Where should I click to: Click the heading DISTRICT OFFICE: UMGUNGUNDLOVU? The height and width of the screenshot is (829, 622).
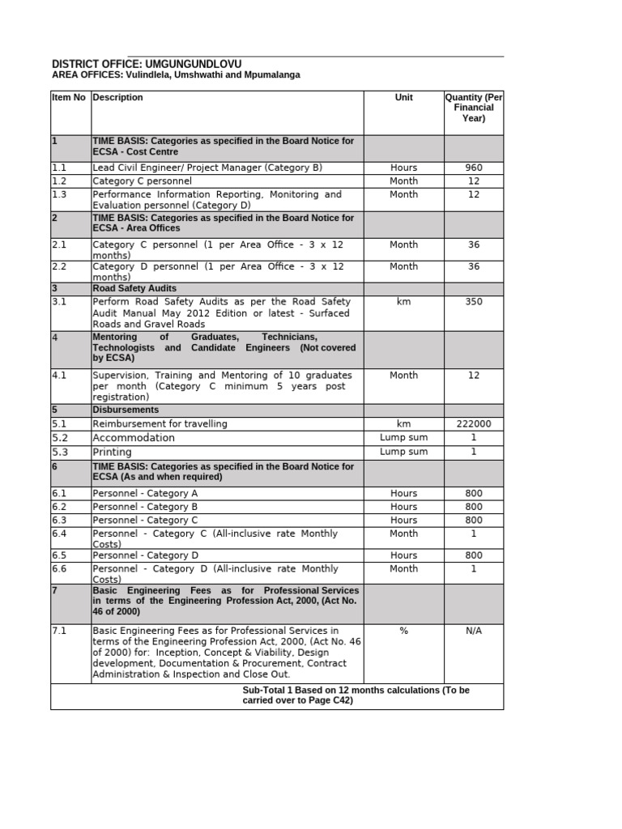pyautogui.click(x=147, y=64)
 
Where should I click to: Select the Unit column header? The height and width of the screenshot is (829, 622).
pyautogui.click(x=403, y=97)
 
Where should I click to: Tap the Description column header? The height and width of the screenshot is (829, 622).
pyautogui.click(x=117, y=97)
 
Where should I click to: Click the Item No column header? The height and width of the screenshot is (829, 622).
pyautogui.click(x=69, y=97)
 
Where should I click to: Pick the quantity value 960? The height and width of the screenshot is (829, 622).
pyautogui.click(x=474, y=168)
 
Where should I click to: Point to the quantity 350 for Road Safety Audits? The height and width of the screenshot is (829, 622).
pyautogui.click(x=474, y=302)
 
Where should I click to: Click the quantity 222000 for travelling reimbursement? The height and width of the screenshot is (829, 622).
pyautogui.click(x=474, y=423)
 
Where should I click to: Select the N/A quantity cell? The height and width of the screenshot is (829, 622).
pyautogui.click(x=474, y=631)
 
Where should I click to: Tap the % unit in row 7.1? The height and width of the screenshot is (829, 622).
pyautogui.click(x=403, y=631)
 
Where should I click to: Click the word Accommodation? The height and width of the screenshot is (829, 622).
pyautogui.click(x=134, y=437)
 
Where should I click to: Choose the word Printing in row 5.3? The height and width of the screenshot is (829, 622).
pyautogui.click(x=112, y=452)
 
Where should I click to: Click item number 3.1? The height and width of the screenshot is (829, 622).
pyautogui.click(x=59, y=302)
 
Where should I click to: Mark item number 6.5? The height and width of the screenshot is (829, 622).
pyautogui.click(x=59, y=555)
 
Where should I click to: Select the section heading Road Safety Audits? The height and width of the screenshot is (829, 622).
pyautogui.click(x=134, y=288)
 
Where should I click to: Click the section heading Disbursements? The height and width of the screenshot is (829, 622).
pyautogui.click(x=126, y=410)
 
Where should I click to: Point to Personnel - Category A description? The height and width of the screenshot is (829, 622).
pyautogui.click(x=145, y=493)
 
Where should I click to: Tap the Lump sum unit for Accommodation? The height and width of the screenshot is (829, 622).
pyautogui.click(x=403, y=437)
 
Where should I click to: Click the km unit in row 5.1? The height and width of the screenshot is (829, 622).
pyautogui.click(x=403, y=423)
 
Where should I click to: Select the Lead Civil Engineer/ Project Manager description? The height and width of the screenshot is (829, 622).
pyautogui.click(x=207, y=168)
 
